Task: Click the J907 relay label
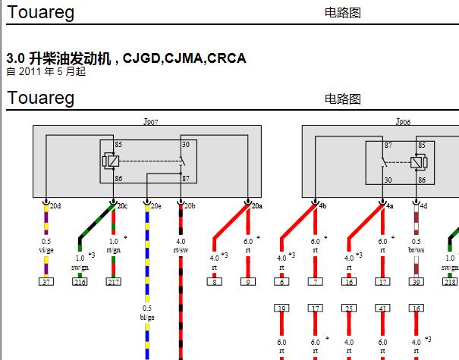(151, 121)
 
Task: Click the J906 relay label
(403, 121)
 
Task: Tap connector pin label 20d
(55, 206)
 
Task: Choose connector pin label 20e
(156, 206)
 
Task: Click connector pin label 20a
(257, 206)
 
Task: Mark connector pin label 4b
(322, 206)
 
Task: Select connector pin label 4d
(423, 206)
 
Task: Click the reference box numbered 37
(46, 282)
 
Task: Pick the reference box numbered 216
(80, 282)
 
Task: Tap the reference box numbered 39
(417, 282)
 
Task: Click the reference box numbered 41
(382, 308)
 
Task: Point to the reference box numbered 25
(349, 308)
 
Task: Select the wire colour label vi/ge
(46, 250)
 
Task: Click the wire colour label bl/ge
(147, 318)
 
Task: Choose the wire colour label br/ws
(417, 250)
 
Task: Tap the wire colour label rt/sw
(181, 250)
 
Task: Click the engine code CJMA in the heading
(184, 58)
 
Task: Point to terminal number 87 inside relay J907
(186, 178)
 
